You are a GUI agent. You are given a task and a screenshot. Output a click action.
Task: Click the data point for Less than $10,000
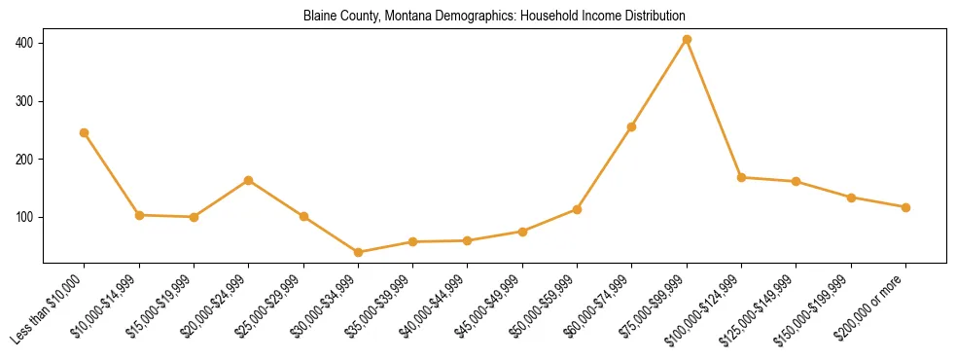pyautogui.click(x=85, y=132)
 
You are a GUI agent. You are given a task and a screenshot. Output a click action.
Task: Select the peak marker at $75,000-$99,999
pyautogui.click(x=687, y=39)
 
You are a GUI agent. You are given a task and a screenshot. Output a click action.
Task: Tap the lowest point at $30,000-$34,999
pyautogui.click(x=359, y=252)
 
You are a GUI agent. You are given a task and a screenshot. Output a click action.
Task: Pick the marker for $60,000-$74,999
pyautogui.click(x=632, y=126)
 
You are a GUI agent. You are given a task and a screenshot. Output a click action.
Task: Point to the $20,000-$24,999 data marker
pyautogui.click(x=249, y=180)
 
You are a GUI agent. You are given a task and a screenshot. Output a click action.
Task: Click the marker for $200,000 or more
pyautogui.click(x=905, y=207)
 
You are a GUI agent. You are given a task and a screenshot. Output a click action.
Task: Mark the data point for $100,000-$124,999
pyautogui.click(x=741, y=177)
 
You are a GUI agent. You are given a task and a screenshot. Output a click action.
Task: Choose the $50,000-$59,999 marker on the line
pyautogui.click(x=577, y=209)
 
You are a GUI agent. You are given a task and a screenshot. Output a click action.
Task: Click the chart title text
pyautogui.click(x=494, y=17)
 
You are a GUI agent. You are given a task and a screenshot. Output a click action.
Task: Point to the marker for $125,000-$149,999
pyautogui.click(x=796, y=181)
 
